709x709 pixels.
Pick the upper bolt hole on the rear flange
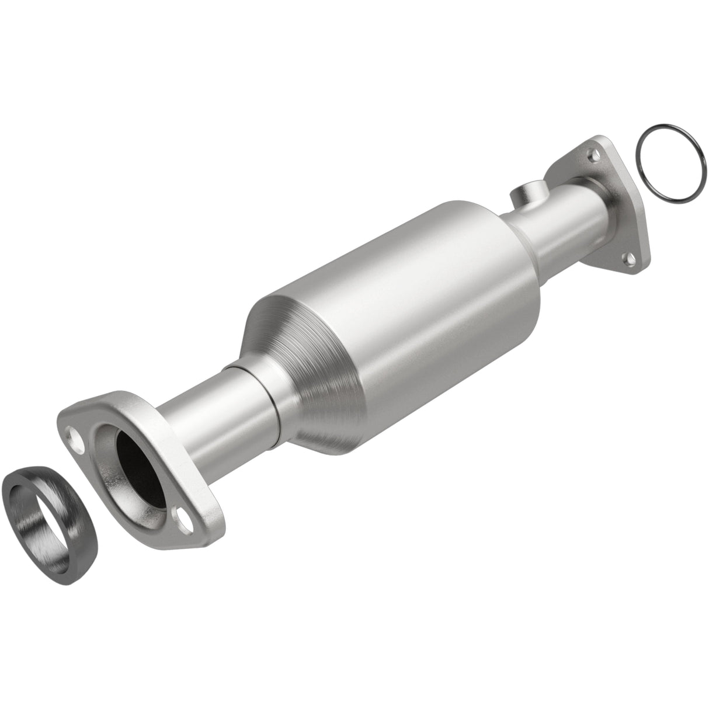pyautogui.click(x=594, y=155)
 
